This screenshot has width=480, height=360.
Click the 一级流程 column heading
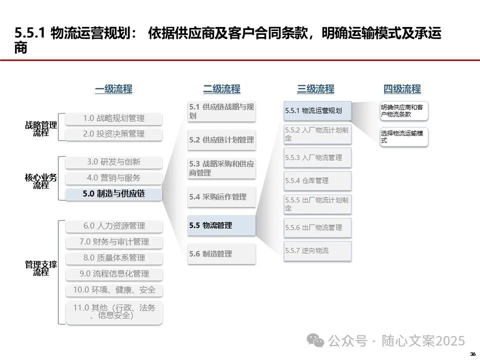point(113,89)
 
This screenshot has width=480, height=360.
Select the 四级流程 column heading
point(402,89)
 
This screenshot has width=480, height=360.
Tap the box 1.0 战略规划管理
point(114,118)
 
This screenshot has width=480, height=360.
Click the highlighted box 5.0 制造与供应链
point(114,193)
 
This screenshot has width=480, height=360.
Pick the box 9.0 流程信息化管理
point(114,274)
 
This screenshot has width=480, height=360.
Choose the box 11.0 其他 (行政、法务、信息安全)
point(114,311)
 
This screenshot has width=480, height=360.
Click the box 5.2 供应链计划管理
point(221,140)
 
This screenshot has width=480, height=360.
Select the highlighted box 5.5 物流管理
point(221,225)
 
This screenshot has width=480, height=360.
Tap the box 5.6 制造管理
point(221,254)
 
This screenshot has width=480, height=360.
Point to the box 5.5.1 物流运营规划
point(317,110)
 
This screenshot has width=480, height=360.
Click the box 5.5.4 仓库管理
point(317,180)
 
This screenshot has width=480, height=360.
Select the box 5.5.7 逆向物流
point(317,250)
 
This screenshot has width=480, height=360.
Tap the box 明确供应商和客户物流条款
point(404,111)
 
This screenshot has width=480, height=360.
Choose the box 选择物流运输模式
point(404,137)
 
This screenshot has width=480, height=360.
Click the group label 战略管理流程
point(41,129)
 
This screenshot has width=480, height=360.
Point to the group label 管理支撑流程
point(41,268)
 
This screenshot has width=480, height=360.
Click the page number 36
point(472,354)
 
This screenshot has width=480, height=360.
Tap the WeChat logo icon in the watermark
point(315,341)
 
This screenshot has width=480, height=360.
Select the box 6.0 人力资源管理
point(114,226)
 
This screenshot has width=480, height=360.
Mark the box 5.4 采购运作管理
point(221,197)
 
